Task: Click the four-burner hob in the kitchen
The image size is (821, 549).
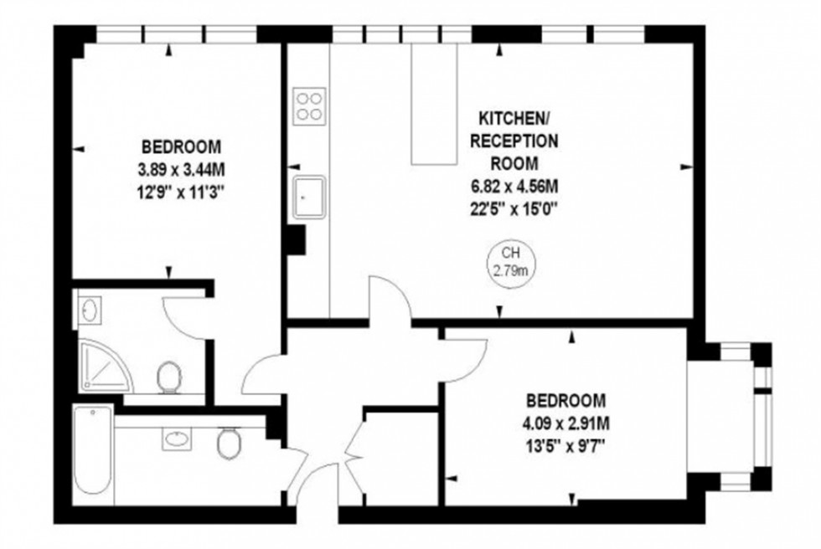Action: coord(309,106)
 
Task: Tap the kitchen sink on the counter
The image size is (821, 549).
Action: coord(309,198)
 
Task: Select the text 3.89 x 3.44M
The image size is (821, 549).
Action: coord(182,171)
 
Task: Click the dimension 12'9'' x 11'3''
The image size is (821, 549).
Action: coord(182,192)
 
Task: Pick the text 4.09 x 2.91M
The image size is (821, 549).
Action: coord(566,423)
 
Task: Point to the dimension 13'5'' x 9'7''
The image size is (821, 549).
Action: coord(566,444)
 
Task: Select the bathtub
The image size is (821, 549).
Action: coord(92,452)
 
